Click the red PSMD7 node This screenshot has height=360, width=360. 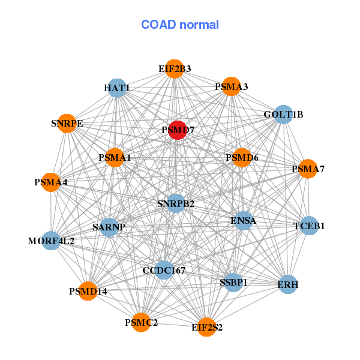177,129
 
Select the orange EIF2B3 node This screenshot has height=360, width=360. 174,68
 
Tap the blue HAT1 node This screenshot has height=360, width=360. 118,88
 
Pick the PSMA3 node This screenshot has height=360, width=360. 232,86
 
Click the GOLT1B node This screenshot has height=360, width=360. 283,114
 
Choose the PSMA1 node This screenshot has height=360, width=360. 115,157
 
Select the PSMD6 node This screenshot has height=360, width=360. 242,157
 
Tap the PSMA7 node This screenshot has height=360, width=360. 308,169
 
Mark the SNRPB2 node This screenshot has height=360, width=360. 176,203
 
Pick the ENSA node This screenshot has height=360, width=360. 243,221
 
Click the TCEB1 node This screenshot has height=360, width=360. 309,226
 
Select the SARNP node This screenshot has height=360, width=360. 109,227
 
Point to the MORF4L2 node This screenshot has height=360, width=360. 52,241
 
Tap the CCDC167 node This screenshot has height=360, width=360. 164,270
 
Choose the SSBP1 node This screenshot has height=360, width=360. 234,281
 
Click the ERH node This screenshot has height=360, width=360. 288,284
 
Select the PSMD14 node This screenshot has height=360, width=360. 88,291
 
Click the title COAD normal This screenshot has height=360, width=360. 180,25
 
